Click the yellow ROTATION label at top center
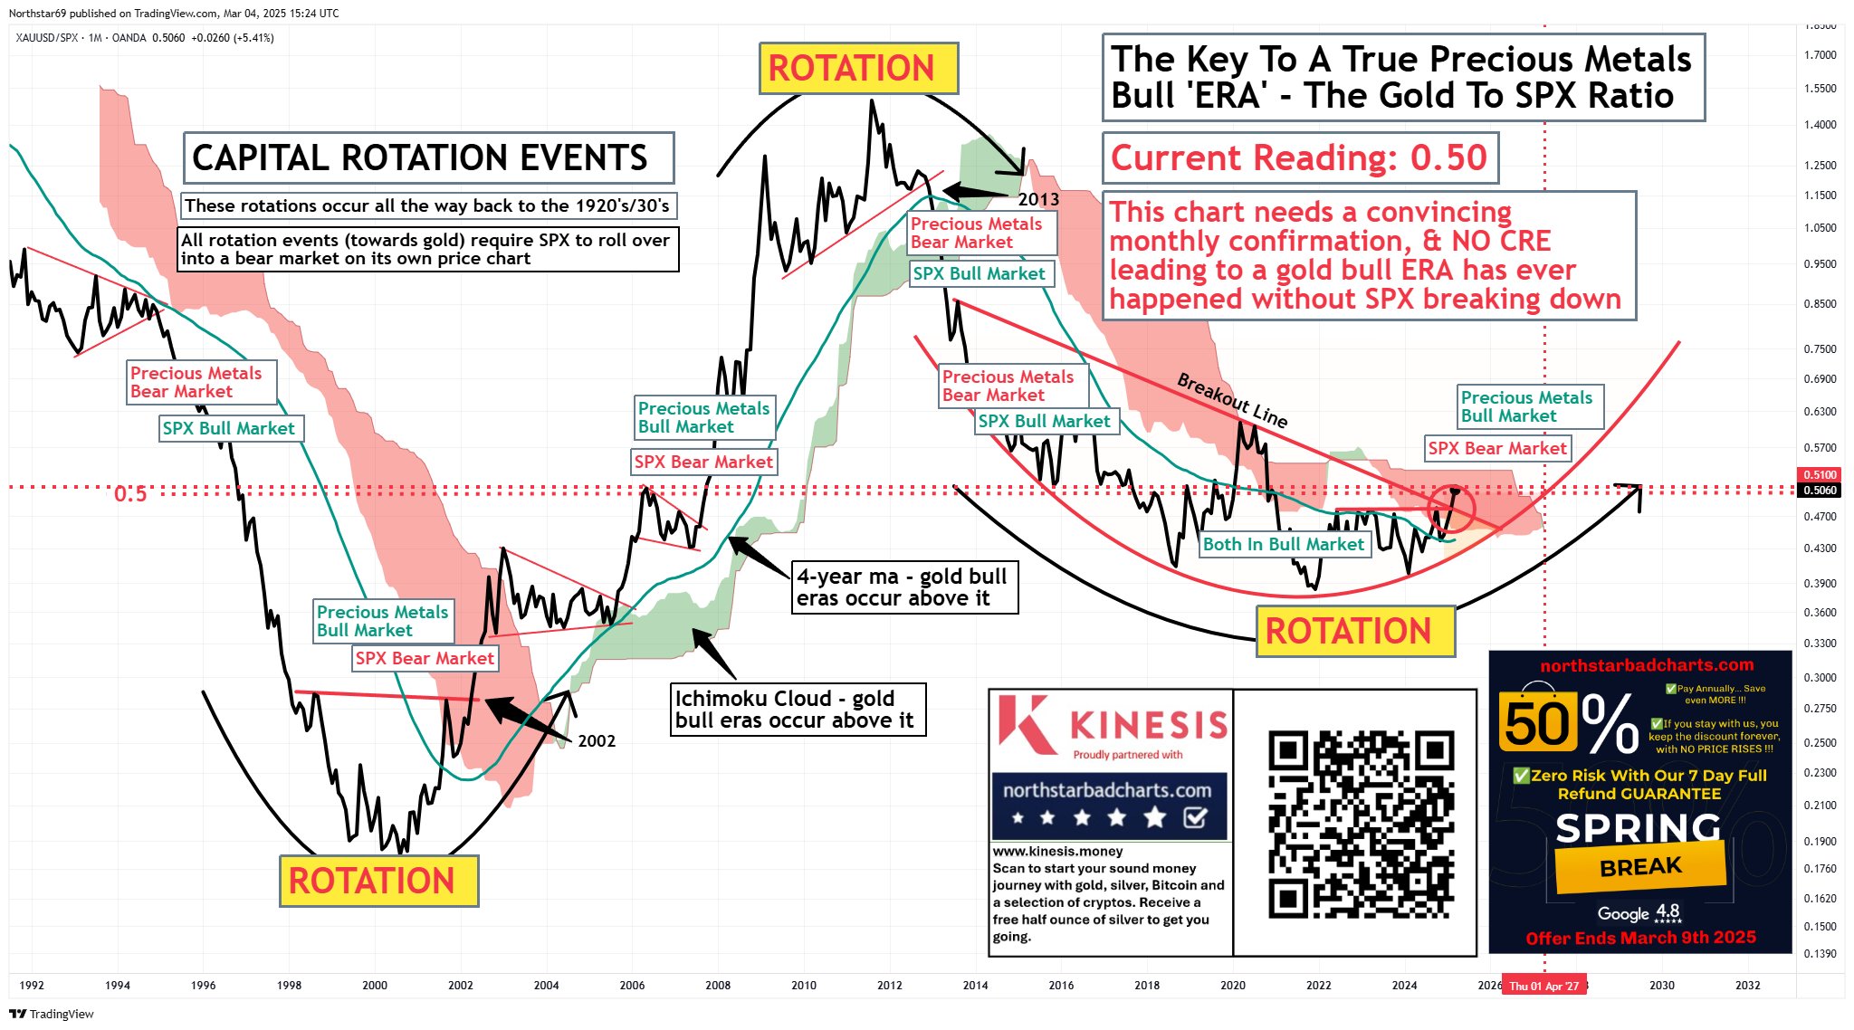[857, 68]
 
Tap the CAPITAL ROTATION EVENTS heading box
[427, 158]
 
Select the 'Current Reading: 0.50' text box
[1299, 158]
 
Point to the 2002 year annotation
[597, 741]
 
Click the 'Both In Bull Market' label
[1283, 544]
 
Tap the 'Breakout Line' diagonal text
[1232, 399]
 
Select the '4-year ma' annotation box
[904, 587]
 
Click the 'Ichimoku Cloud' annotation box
[797, 710]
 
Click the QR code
[1361, 824]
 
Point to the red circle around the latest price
[1451, 507]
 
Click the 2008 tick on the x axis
[718, 986]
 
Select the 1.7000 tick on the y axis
[1820, 55]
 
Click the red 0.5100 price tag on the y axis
[1820, 474]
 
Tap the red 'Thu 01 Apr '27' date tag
[1543, 986]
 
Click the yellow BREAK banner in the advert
[1640, 867]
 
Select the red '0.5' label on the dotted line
[130, 494]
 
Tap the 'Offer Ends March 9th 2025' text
[1640, 938]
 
